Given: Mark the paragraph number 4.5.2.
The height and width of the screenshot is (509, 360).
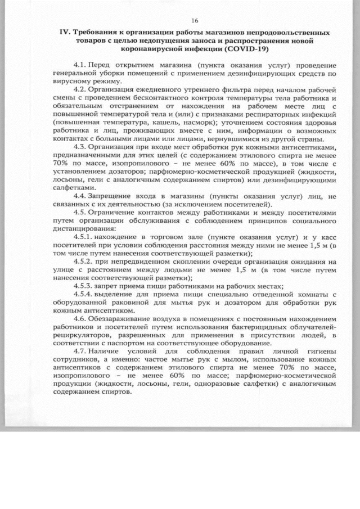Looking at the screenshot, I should [x=84, y=262].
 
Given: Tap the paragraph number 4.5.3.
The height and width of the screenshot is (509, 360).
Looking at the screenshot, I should [x=84, y=286].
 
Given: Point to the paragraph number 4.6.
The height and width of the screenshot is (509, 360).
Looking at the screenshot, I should [x=80, y=317].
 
